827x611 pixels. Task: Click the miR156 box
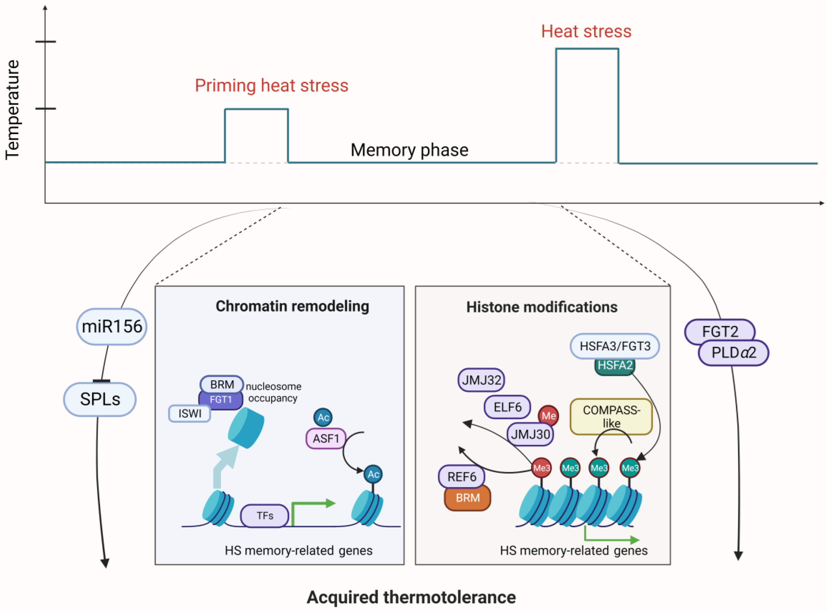coord(112,326)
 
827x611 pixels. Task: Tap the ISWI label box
coord(190,414)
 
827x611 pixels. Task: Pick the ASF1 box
coord(326,439)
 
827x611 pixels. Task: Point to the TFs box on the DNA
coord(265,516)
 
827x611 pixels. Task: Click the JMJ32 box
coord(481,380)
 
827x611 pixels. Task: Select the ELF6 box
coord(507,407)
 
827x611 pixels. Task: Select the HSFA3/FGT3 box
coord(615,346)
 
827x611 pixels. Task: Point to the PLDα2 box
coord(733,353)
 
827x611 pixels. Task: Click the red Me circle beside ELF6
coord(548,416)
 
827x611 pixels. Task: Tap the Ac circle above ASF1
coord(323,418)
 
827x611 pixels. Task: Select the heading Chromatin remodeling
coord(292,306)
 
